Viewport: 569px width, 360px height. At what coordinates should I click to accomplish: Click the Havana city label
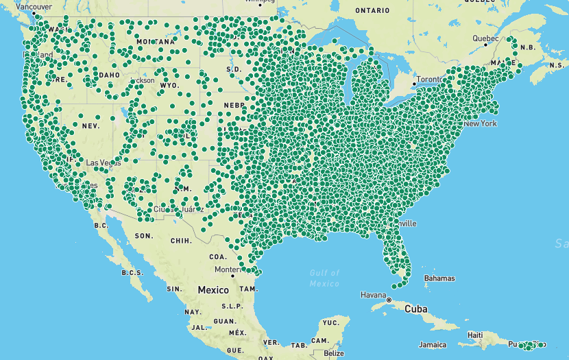tap(374, 295)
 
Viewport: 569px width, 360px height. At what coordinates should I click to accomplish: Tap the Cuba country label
tap(415, 309)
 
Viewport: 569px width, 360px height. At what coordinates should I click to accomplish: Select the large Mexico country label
tap(213, 290)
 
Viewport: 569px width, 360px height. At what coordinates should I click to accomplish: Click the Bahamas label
tap(439, 278)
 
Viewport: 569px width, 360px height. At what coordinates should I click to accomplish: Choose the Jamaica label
tap(433, 344)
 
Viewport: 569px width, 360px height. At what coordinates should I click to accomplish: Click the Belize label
tap(334, 353)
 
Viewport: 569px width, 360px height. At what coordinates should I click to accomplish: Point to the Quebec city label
tap(485, 38)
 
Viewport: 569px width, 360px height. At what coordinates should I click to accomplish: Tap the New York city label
tap(480, 123)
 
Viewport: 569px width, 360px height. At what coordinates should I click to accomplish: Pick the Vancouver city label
tap(34, 6)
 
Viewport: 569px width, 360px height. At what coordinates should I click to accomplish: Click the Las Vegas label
tap(104, 163)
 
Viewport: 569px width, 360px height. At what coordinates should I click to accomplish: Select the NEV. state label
tap(90, 126)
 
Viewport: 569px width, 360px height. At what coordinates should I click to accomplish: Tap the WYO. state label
tap(169, 86)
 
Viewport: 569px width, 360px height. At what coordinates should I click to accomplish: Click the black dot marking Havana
tap(389, 300)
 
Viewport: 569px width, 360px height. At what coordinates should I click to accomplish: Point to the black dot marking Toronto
tap(414, 84)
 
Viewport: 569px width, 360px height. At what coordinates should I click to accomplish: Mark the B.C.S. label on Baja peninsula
tap(132, 272)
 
